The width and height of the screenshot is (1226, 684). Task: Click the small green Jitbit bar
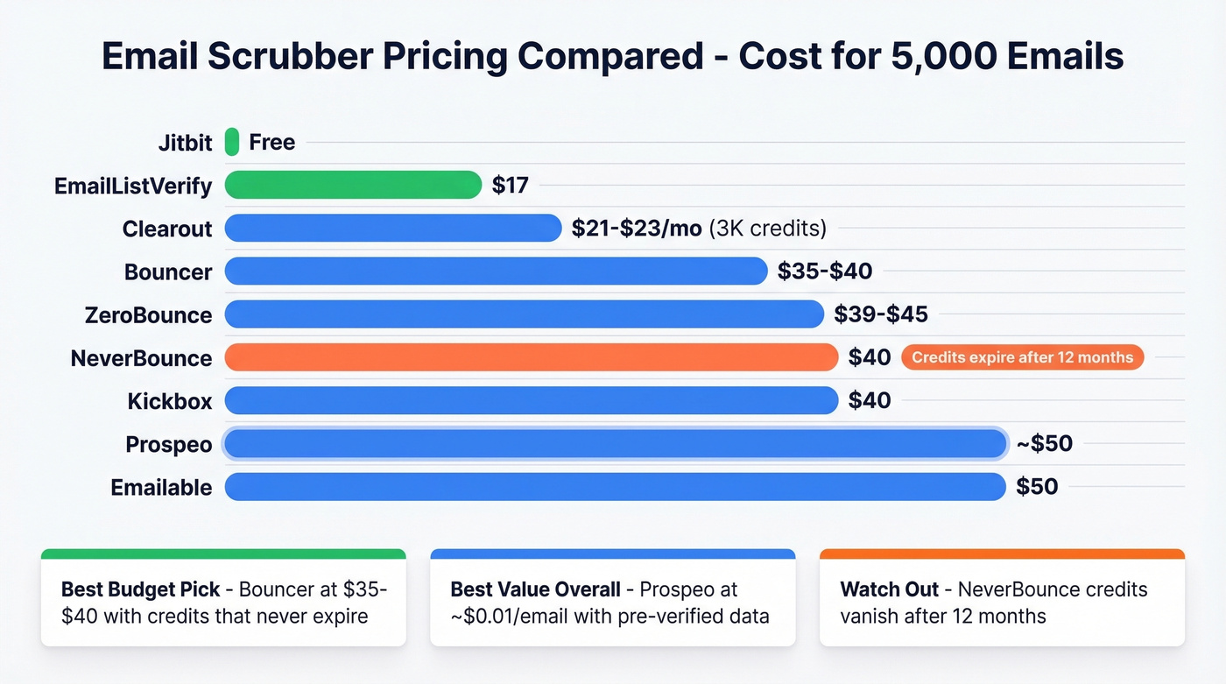point(232,142)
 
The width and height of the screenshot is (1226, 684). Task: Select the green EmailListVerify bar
point(353,185)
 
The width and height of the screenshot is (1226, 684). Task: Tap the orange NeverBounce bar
point(532,357)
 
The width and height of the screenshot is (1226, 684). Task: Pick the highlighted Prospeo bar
point(615,444)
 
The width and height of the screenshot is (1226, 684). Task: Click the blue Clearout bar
point(392,229)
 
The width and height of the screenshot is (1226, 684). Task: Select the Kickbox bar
point(532,401)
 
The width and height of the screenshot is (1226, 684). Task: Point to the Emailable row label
point(161,488)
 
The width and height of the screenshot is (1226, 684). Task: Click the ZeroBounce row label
point(148,315)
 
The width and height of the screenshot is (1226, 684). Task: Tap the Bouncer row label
point(168,272)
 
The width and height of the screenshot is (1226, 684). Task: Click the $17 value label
point(510,185)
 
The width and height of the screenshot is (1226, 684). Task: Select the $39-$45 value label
point(881,314)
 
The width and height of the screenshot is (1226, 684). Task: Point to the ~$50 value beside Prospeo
point(1044,444)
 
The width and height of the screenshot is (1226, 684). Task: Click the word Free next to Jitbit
point(271,142)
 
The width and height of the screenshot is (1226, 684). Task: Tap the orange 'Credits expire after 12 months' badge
point(1022,357)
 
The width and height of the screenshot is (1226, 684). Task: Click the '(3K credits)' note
point(767,229)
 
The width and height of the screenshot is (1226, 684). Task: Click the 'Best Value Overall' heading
point(535,589)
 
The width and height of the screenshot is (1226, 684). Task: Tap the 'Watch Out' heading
point(889,589)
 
